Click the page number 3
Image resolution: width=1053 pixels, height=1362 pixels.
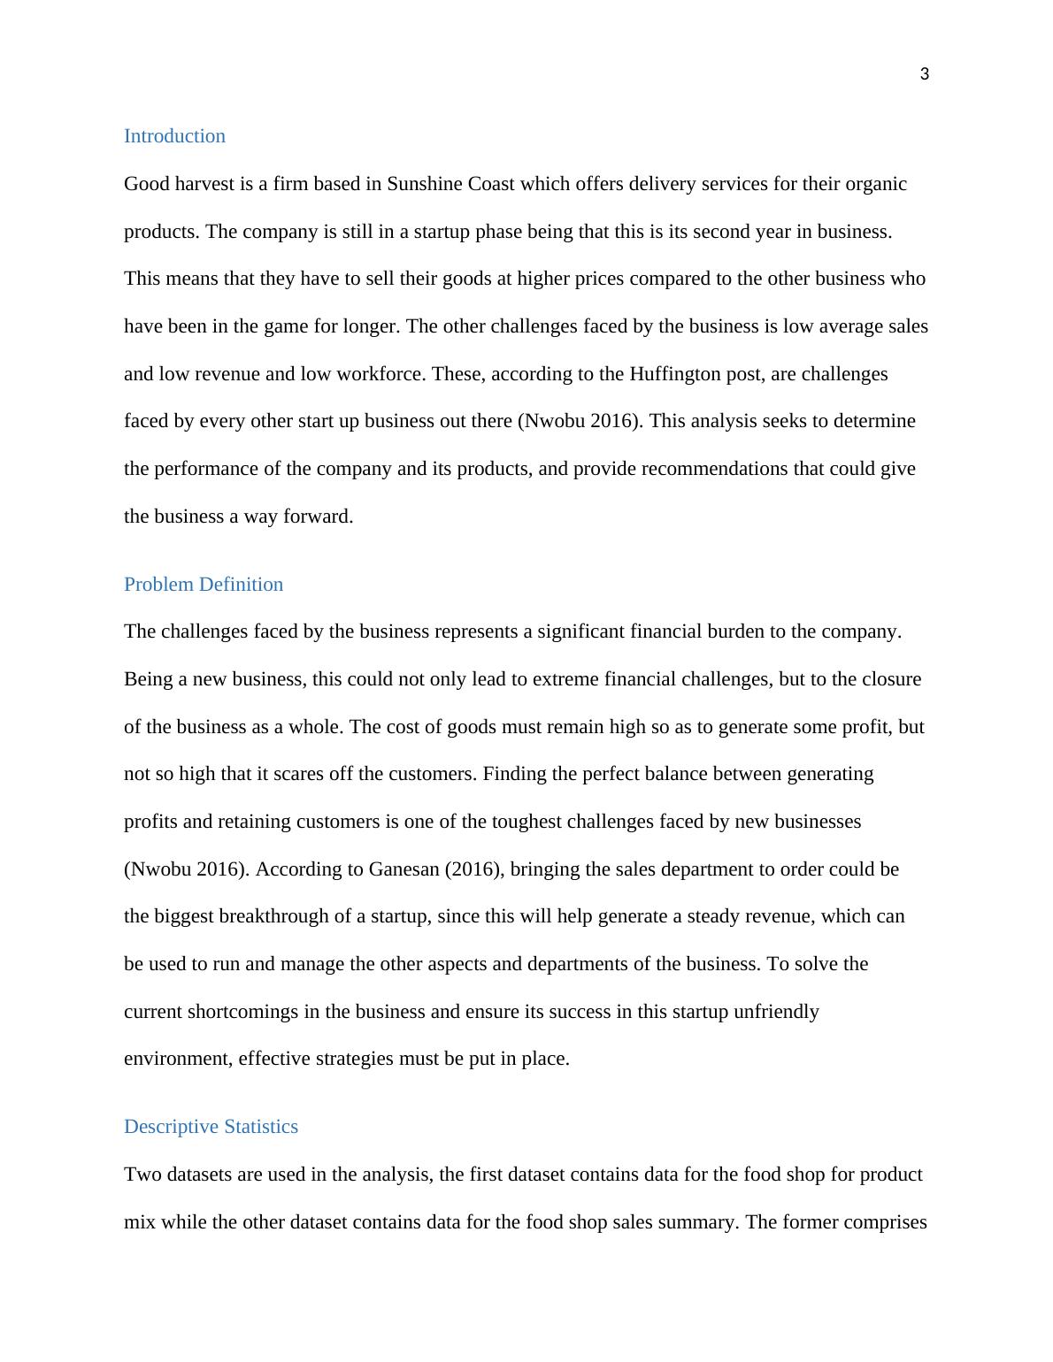coord(925,75)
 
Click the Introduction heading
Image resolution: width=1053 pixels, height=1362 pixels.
coord(174,136)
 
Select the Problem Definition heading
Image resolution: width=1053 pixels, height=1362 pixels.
coord(204,585)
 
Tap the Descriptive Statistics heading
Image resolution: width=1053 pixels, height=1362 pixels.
coord(211,1127)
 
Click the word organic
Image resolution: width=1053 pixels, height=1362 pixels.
coord(876,184)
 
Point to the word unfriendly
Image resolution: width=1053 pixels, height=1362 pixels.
coord(776,1012)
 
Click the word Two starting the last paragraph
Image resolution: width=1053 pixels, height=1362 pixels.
coord(142,1175)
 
